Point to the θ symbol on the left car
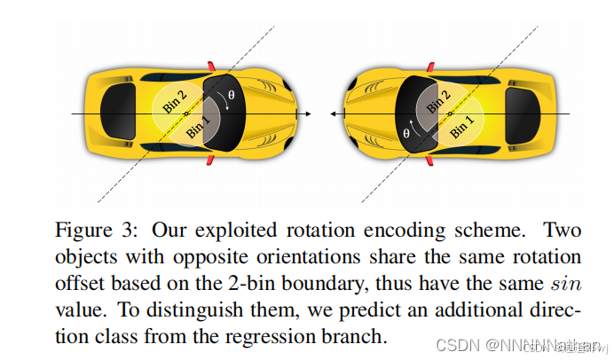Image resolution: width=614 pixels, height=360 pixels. click(x=232, y=94)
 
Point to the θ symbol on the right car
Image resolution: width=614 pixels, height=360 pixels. click(x=407, y=134)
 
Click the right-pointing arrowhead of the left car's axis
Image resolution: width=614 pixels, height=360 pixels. click(x=307, y=114)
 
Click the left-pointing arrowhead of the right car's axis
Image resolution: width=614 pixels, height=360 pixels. click(x=331, y=114)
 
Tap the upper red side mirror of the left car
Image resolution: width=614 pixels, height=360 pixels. click(x=210, y=66)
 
